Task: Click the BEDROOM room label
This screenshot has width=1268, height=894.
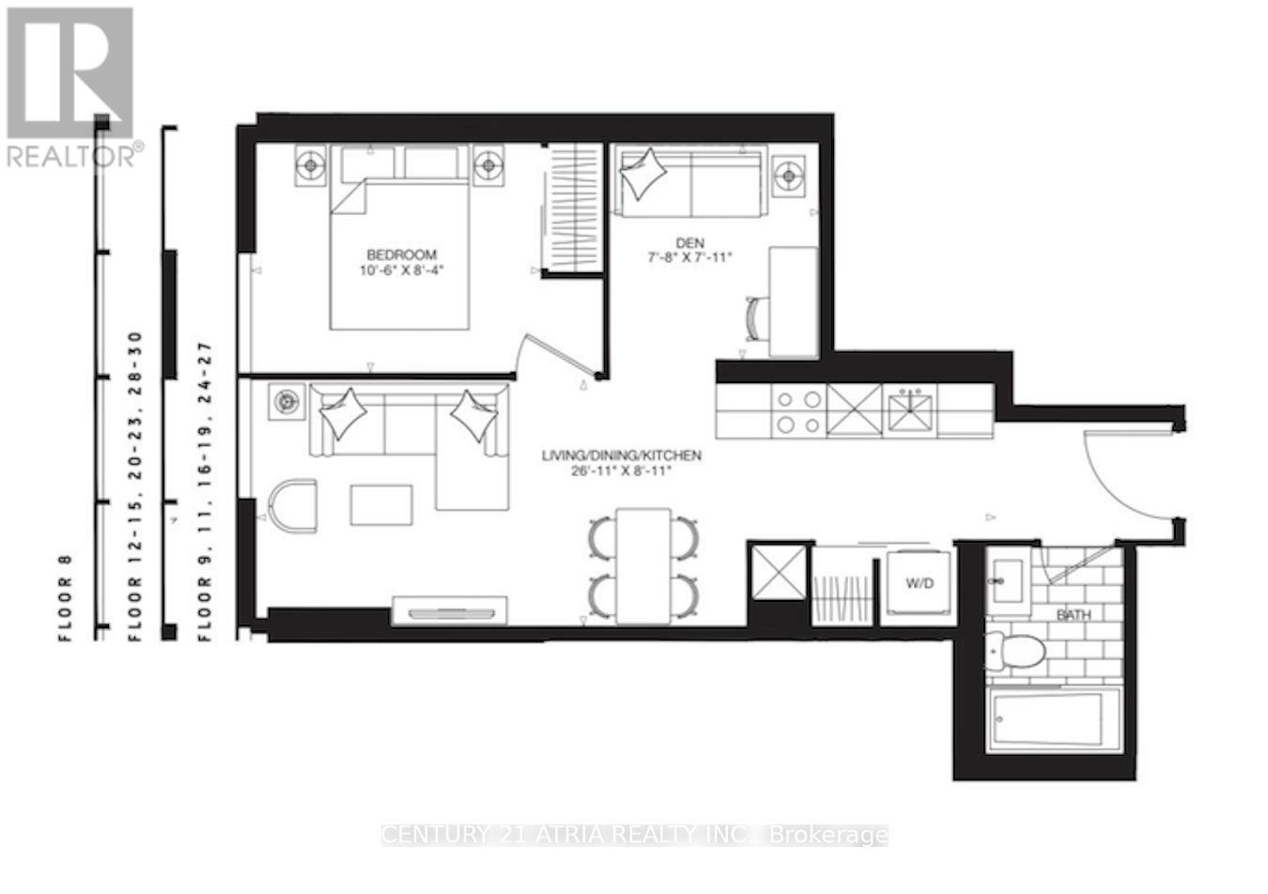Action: coord(401,254)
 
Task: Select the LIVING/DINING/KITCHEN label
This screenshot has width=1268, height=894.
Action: coord(621,456)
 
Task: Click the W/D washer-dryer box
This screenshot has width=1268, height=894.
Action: coord(919,583)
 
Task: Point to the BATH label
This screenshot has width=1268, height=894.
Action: coord(1074,616)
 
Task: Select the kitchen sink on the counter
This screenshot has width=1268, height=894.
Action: coord(910,410)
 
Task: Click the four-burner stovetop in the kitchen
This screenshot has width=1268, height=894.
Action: coord(797,411)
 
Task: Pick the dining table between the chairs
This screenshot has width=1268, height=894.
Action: coord(643,565)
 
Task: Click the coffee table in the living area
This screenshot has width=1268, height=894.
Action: coord(381,504)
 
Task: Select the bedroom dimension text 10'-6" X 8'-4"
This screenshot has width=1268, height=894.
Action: coord(401,270)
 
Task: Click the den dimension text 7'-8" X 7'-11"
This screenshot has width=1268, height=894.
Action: coord(689,256)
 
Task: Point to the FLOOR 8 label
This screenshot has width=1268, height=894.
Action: coord(67,597)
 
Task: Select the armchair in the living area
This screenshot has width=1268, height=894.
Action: coord(292,504)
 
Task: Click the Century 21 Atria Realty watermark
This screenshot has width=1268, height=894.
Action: coord(634,835)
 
